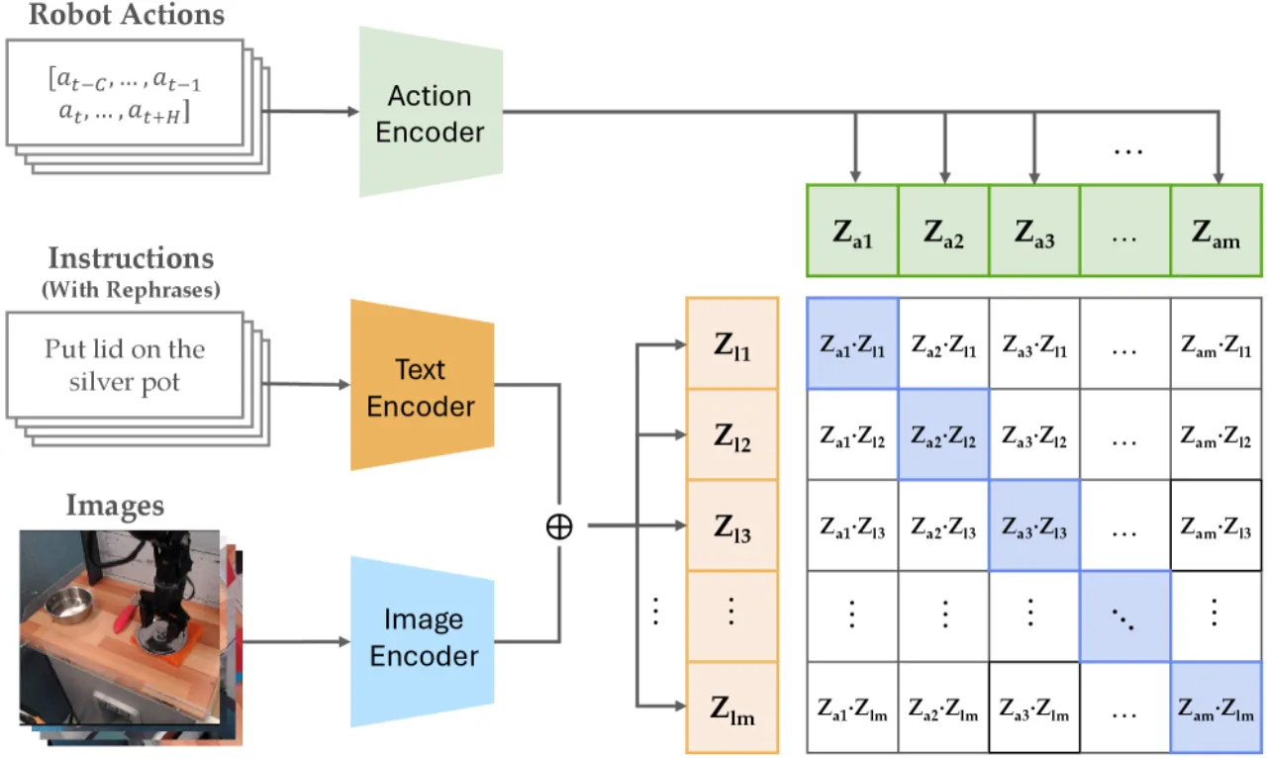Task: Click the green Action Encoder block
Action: click(x=431, y=112)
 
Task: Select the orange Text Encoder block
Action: click(x=422, y=385)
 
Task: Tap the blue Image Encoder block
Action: click(x=422, y=641)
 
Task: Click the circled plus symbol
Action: click(x=559, y=526)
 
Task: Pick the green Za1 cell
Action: click(x=852, y=231)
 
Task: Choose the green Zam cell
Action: click(x=1217, y=231)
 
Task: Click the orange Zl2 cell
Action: click(x=732, y=435)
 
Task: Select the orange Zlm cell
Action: click(x=732, y=708)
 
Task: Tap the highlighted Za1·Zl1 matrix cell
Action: click(x=852, y=344)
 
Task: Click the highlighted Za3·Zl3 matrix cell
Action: click(x=1034, y=525)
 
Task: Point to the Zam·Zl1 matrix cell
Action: click(x=1217, y=344)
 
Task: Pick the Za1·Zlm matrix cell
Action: click(x=852, y=708)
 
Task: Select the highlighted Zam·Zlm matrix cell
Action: click(x=1217, y=708)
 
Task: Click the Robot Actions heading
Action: click(x=127, y=14)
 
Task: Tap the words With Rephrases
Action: click(x=132, y=290)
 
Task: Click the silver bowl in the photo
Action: click(x=69, y=605)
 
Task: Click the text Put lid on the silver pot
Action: click(x=125, y=365)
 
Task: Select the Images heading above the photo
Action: click(x=116, y=505)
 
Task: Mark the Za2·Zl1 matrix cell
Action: click(x=944, y=344)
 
